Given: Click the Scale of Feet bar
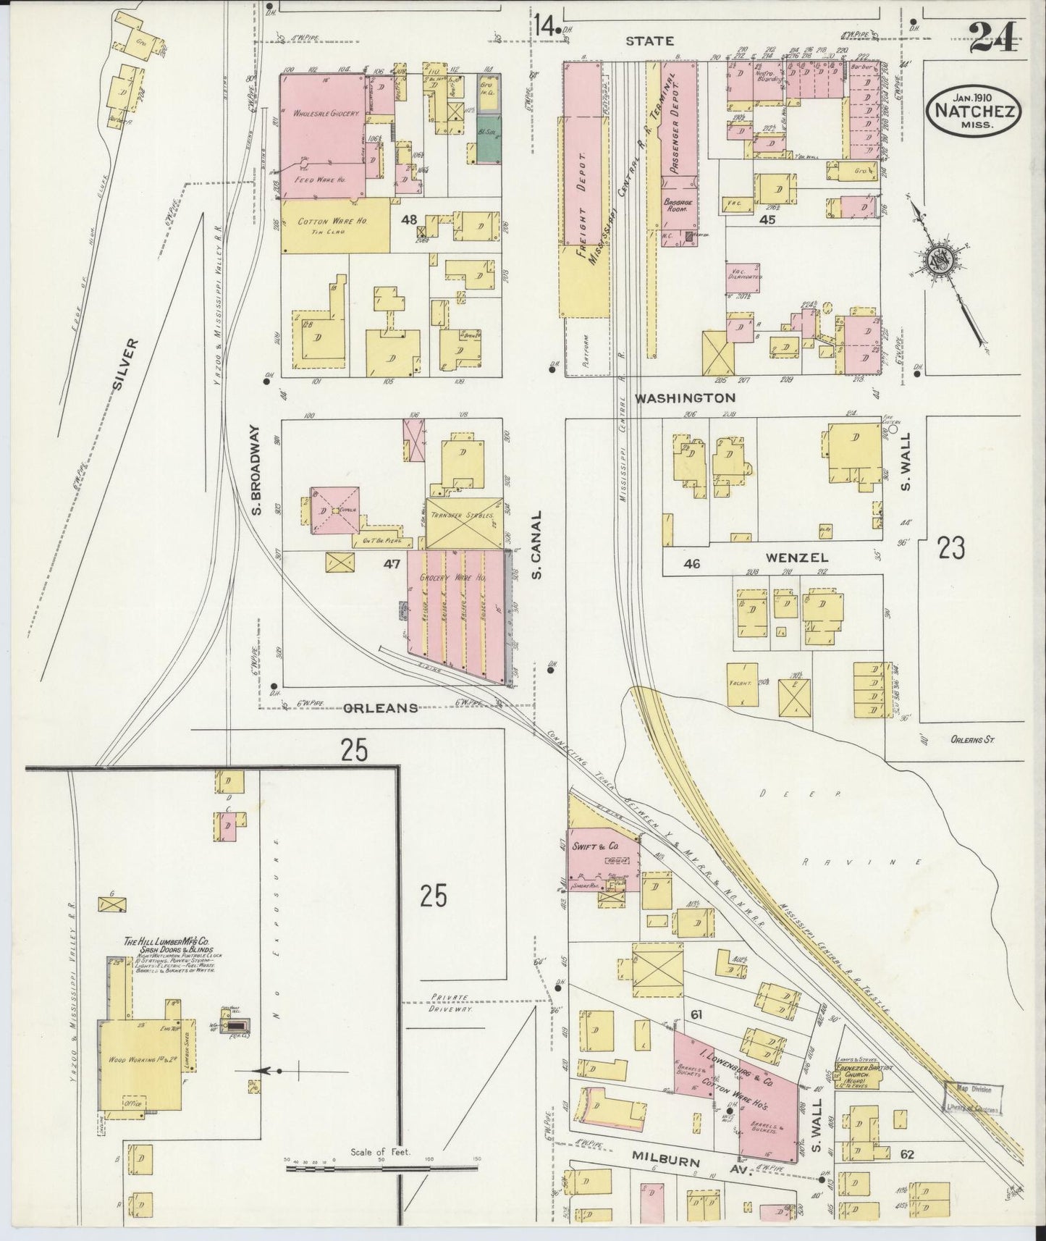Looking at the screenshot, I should [381, 1169].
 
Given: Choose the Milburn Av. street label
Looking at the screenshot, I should [676, 1161].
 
